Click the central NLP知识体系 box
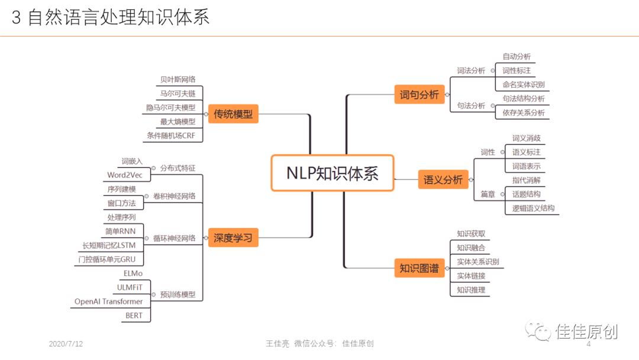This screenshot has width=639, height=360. pos(332,173)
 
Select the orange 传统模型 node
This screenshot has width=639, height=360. pos(233,114)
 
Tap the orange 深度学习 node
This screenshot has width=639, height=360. pos(233,238)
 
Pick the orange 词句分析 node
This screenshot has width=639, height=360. pos(419,94)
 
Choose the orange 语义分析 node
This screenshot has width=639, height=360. pos(443,179)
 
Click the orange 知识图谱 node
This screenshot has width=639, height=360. pos(419,268)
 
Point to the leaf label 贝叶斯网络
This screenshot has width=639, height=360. pos(177,79)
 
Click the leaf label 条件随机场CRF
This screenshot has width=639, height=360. pos(171,136)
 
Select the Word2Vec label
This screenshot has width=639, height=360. pos(125,175)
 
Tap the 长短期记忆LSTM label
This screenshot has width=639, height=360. pos(109,245)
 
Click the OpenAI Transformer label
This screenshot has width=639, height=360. pos(109,301)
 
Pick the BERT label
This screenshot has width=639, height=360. pos(134,316)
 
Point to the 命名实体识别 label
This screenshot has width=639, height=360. pos(524,85)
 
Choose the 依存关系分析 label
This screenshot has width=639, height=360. pos(524,112)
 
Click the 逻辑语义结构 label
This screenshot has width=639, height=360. pos(533,208)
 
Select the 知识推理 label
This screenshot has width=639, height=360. pos(471,290)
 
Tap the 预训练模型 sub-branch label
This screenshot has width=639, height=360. pos(177,294)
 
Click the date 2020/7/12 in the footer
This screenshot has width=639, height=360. pos(66,344)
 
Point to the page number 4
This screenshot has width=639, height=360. pos(588,344)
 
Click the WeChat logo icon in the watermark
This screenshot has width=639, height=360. pos(538,331)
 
